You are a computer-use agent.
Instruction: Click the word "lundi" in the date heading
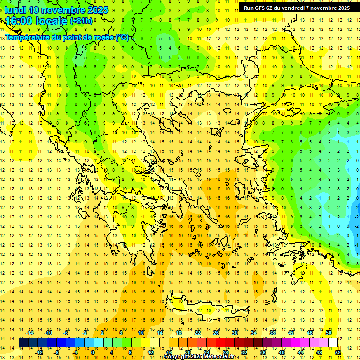(x=15, y=10)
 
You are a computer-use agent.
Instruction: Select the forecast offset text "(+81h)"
(x=81, y=22)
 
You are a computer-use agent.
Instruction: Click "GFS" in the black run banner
(x=260, y=8)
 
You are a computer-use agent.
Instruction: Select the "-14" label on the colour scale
(x=30, y=333)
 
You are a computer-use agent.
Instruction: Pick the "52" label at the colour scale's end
(x=338, y=352)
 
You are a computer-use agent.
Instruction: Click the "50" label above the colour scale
(x=329, y=333)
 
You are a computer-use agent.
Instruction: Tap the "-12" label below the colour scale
(x=39, y=352)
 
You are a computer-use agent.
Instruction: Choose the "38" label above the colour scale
(x=272, y=333)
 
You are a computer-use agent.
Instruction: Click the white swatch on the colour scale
(x=333, y=343)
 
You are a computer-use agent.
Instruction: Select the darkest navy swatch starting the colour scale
(x=23, y=343)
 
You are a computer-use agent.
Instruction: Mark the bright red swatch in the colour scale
(x=220, y=343)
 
